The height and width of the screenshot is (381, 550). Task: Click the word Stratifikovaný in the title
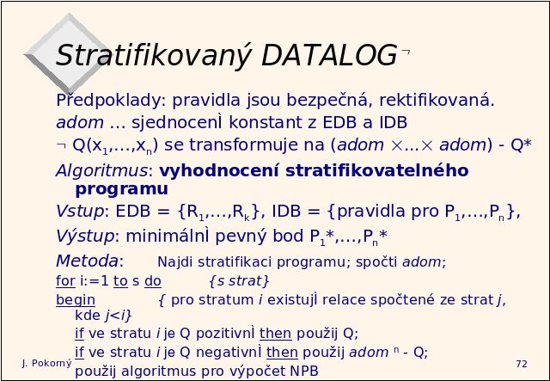[x=154, y=56]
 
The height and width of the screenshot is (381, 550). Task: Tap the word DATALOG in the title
[x=329, y=55]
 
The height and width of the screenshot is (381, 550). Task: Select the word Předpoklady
[x=111, y=101]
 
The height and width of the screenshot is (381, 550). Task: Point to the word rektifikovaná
[x=437, y=100]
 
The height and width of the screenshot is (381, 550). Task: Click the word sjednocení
[x=178, y=122]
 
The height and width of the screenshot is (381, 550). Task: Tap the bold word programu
[x=122, y=189]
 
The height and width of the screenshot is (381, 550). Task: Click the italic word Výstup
[x=85, y=236]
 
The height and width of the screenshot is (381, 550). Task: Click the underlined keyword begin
[x=76, y=300]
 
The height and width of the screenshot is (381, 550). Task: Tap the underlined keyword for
[x=65, y=281]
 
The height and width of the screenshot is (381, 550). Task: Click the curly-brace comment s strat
[x=239, y=281]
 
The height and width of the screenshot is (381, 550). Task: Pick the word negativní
[x=229, y=353]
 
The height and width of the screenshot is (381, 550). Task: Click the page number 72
[x=522, y=364]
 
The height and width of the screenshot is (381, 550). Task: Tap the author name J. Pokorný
[x=46, y=364]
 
